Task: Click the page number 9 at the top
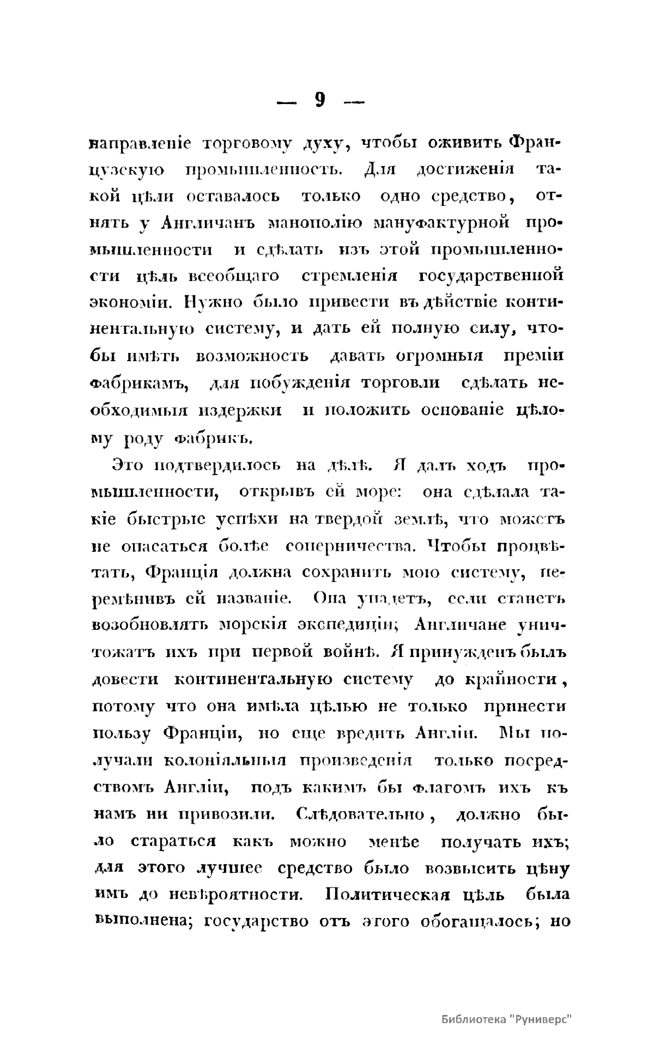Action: tap(320, 101)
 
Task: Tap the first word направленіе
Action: tap(140, 144)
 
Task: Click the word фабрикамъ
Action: tap(139, 382)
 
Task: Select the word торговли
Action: tap(400, 382)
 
